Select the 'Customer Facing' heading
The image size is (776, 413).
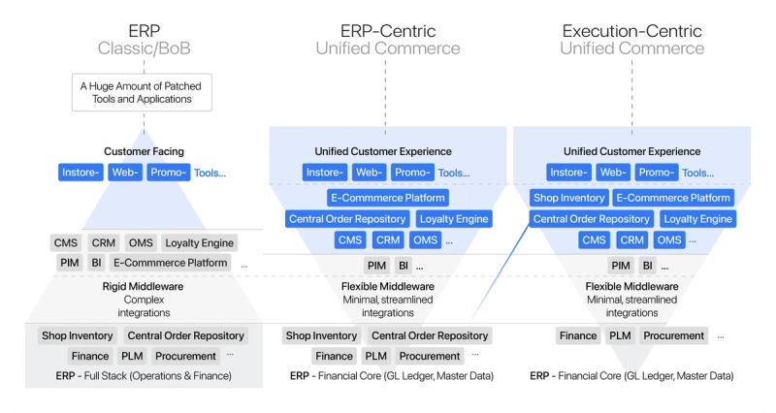(x=144, y=151)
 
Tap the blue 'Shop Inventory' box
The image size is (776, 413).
(x=569, y=198)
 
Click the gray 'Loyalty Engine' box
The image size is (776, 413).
(x=199, y=242)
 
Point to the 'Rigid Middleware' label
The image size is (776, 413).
(x=144, y=288)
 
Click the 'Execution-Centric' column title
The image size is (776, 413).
(x=631, y=31)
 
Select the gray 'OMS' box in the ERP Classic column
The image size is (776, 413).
(x=139, y=242)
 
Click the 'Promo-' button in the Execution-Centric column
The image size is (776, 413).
(x=657, y=173)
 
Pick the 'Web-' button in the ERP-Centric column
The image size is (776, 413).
(x=369, y=173)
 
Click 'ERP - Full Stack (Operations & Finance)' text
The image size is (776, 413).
(x=144, y=375)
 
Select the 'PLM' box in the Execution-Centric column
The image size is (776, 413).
(x=621, y=335)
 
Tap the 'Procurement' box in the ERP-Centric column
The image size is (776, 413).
(x=430, y=356)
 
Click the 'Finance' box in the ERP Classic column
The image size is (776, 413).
(x=89, y=356)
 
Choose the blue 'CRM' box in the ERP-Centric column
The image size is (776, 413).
(x=388, y=239)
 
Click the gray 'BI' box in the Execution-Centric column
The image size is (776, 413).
(x=646, y=265)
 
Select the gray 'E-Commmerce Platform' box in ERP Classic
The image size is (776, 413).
(x=171, y=263)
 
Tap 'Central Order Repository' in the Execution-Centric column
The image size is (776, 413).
(x=592, y=219)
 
